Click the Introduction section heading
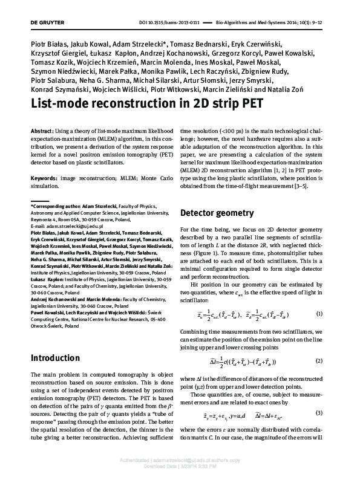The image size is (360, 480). [55, 358]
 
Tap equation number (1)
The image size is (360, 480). [319, 315]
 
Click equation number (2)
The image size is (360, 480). [319, 362]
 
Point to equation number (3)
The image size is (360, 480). [319, 412]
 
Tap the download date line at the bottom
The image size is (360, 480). [180, 467]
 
